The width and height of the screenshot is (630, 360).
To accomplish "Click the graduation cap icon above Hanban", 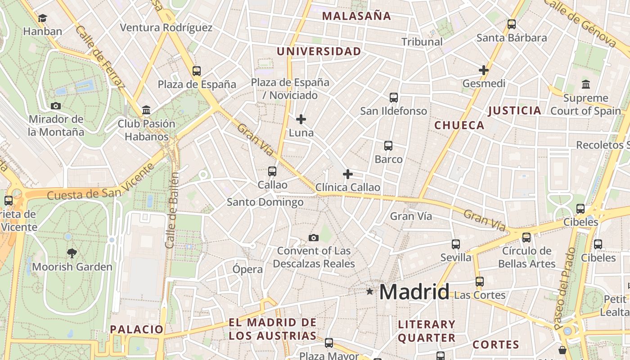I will pyautogui.click(x=42, y=18).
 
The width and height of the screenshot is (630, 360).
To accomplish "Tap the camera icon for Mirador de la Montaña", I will pyautogui.click(x=56, y=106).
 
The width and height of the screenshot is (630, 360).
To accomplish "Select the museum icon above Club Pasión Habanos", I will pyautogui.click(x=146, y=110).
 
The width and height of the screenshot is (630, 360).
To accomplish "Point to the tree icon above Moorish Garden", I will pyautogui.click(x=72, y=253).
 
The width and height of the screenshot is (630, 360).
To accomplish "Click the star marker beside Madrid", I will pyautogui.click(x=370, y=292).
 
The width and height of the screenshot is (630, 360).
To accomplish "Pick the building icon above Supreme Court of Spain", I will pyautogui.click(x=586, y=84).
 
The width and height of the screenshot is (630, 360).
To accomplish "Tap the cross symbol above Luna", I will pyautogui.click(x=301, y=119).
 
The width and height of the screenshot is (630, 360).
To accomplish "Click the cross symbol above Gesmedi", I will pyautogui.click(x=484, y=70).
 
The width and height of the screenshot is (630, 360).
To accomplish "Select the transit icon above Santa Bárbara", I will pyautogui.click(x=512, y=24).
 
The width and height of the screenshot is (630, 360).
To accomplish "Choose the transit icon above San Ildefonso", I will pyautogui.click(x=394, y=97).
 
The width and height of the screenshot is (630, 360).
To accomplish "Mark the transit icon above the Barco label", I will pyautogui.click(x=388, y=146).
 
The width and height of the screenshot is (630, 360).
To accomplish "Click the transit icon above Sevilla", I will pyautogui.click(x=456, y=244).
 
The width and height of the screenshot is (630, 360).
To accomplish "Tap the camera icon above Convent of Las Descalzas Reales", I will pyautogui.click(x=314, y=238).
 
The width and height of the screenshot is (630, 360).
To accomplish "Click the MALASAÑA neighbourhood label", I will pyautogui.click(x=357, y=16).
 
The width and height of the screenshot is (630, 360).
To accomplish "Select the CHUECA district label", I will pyautogui.click(x=459, y=126).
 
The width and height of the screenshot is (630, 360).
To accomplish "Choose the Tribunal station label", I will pyautogui.click(x=422, y=42).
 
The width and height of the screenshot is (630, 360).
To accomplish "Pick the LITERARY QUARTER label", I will pyautogui.click(x=427, y=331).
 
